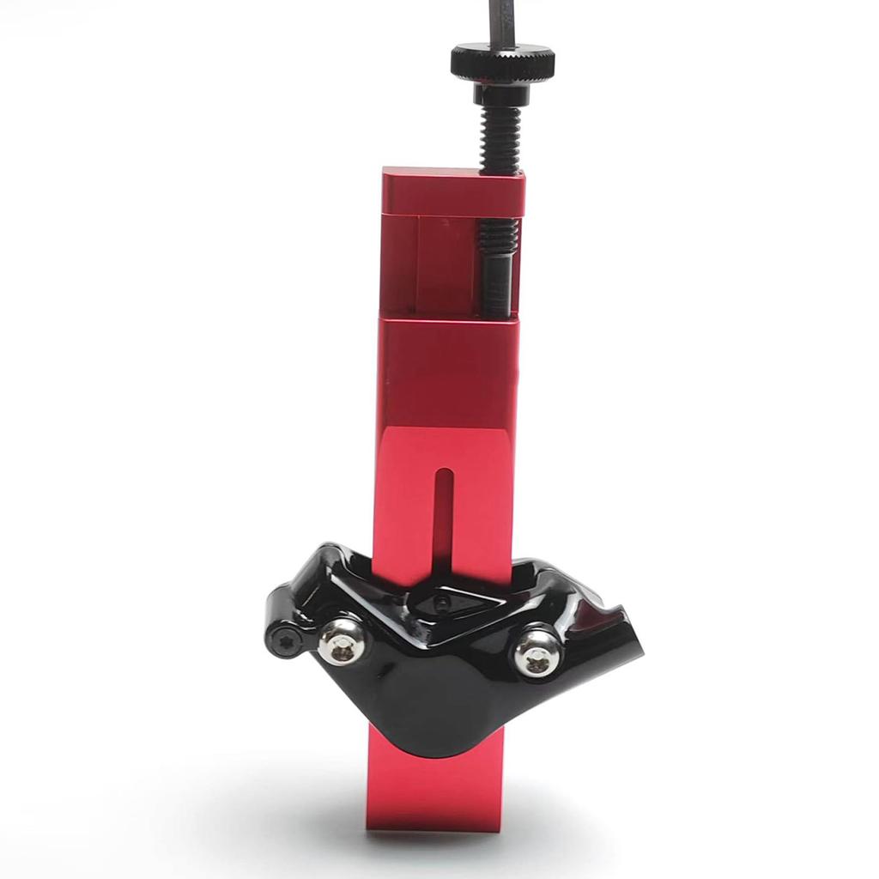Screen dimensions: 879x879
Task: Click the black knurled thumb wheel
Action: click(x=502, y=63)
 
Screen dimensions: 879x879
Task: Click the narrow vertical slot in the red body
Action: click(x=443, y=515)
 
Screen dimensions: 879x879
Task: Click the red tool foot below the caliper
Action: click(x=433, y=790)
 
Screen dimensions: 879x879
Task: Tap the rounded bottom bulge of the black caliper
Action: click(x=438, y=721)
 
